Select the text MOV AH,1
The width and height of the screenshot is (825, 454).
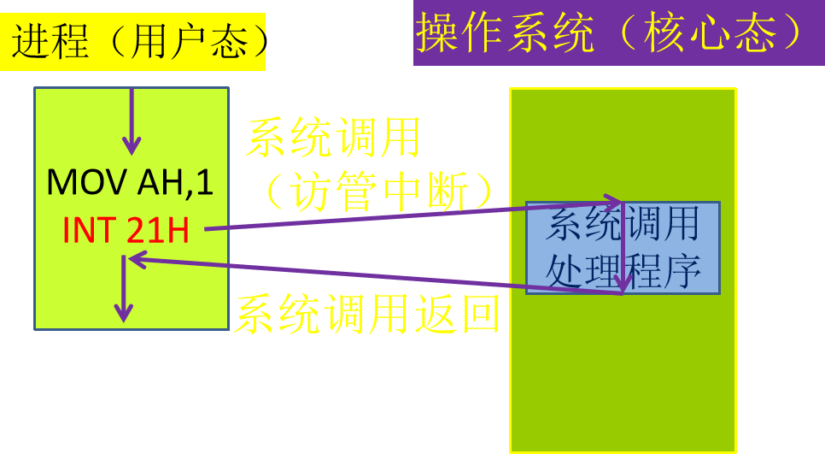pyautogui.click(x=130, y=182)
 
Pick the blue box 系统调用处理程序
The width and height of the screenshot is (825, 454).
pyautogui.click(x=623, y=248)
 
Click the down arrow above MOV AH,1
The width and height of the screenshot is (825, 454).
pyautogui.click(x=132, y=120)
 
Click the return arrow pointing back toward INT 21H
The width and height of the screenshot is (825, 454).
pyautogui.click(x=376, y=274)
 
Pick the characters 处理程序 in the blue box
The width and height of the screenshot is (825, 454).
pyautogui.click(x=623, y=270)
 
